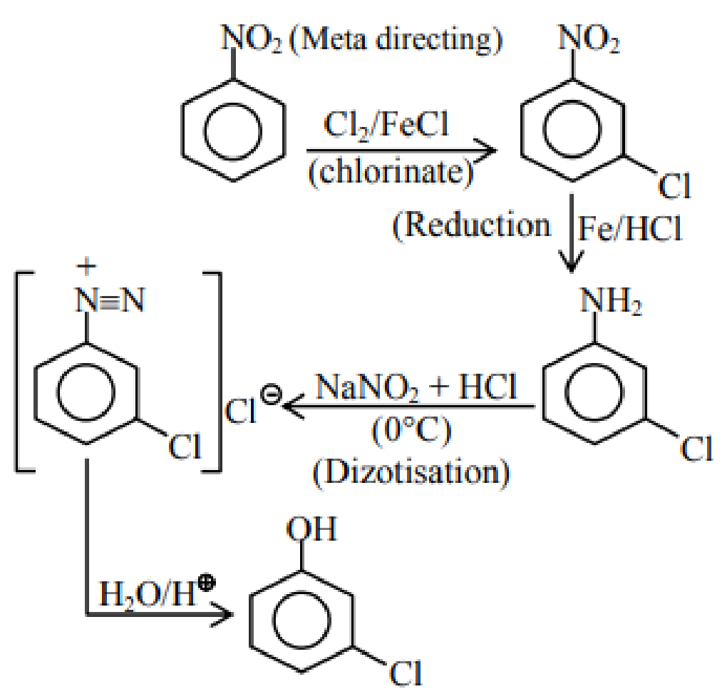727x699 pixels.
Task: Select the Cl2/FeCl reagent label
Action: tap(386, 126)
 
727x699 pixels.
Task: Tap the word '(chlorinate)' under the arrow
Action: tap(391, 172)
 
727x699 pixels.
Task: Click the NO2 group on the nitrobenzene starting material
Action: tap(252, 38)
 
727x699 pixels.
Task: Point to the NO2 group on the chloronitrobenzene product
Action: tap(589, 38)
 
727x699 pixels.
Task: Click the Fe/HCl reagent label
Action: tap(630, 229)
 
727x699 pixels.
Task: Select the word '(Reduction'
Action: tap(471, 226)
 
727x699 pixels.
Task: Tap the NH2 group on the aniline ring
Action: tap(611, 301)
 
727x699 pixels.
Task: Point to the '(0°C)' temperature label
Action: tap(411, 432)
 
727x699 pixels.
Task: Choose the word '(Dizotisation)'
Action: tap(411, 473)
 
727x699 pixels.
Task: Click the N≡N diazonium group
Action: tap(110, 300)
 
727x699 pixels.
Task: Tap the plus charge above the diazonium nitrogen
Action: tap(86, 266)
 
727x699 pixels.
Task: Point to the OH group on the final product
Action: tap(311, 529)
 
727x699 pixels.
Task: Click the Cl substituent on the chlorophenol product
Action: tap(406, 673)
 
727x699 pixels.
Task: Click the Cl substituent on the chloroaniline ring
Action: tap(697, 449)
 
